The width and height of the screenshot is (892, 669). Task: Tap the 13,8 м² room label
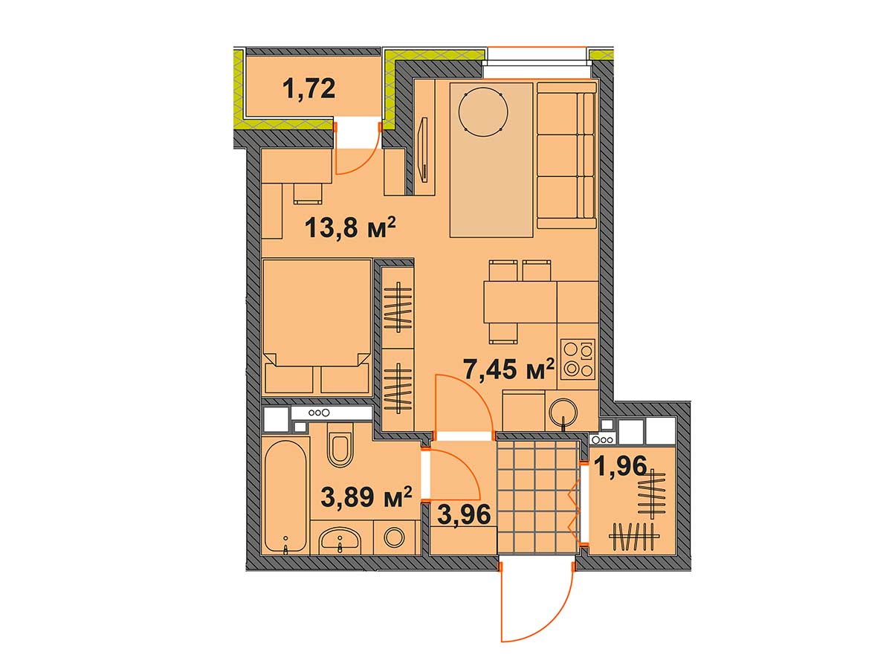coord(350,227)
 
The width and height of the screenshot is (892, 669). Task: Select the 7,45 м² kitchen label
coord(508,369)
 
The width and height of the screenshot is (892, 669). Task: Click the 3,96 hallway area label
coord(464,514)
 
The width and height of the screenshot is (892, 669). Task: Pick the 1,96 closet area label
coord(621,465)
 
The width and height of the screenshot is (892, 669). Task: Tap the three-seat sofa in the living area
coord(566,155)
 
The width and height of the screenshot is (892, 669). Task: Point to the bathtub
coord(285,497)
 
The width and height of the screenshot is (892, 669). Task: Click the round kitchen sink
coord(563,413)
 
